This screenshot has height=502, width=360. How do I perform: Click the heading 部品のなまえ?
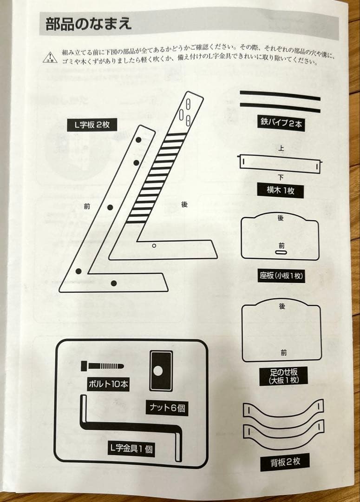point(89,23)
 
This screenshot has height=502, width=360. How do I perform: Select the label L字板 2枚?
point(92,125)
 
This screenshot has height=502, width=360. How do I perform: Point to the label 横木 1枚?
point(281,191)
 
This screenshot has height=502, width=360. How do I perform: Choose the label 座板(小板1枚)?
point(282,276)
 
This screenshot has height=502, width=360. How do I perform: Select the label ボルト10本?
point(108,384)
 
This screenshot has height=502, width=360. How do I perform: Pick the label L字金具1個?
point(131,449)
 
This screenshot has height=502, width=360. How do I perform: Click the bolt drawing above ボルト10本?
point(102,366)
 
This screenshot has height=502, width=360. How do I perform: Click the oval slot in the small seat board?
point(281,253)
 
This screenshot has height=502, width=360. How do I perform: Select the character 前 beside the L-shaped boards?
point(87,207)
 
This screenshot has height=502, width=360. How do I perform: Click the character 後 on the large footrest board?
point(282,306)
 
